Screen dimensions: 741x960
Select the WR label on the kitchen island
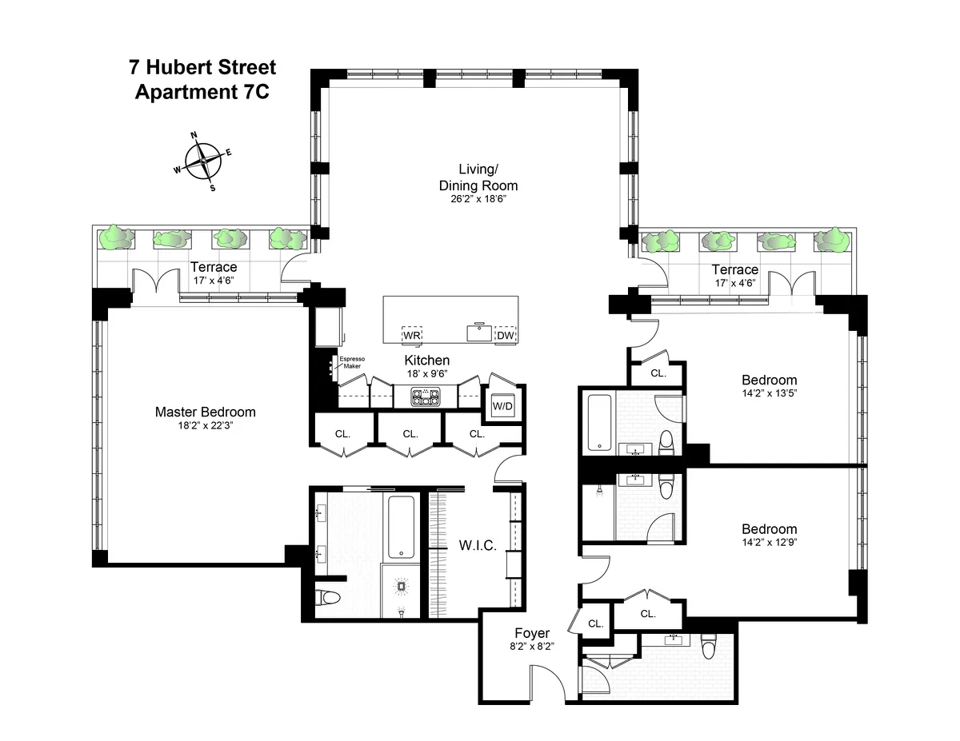tap(412, 335)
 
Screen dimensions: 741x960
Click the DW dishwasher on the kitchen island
tap(505, 336)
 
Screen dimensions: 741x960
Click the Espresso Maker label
tap(352, 363)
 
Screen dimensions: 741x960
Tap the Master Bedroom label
tap(206, 412)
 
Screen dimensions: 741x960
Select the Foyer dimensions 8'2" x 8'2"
tap(531, 647)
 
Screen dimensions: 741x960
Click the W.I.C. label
tap(478, 546)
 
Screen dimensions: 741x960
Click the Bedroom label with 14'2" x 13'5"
tap(769, 380)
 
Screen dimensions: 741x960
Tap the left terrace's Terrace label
tap(214, 267)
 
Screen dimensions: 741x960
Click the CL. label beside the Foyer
tap(595, 623)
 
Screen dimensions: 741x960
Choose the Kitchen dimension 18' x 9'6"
tap(426, 374)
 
